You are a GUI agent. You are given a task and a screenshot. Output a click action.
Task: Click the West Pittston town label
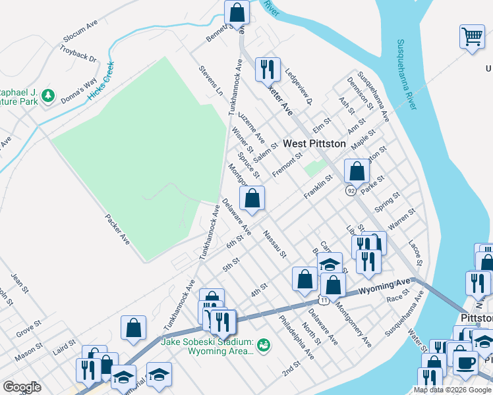click(314, 143)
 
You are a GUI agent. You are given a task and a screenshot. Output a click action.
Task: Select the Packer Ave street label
click(117, 228)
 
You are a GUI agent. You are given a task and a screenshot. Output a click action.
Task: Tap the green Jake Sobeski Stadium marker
click(264, 344)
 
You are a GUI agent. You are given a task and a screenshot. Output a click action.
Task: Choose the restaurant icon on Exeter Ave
click(267, 68)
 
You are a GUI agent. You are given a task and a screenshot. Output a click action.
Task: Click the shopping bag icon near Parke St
click(357, 171)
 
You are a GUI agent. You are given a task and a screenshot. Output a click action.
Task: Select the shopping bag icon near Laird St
click(133, 329)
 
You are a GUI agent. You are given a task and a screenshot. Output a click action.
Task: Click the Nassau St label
click(274, 244)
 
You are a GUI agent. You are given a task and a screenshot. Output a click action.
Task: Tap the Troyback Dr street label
click(78, 54)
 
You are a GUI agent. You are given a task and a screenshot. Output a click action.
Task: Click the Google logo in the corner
click(22, 387)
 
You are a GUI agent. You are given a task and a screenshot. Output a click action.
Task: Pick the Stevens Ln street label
click(211, 80)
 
